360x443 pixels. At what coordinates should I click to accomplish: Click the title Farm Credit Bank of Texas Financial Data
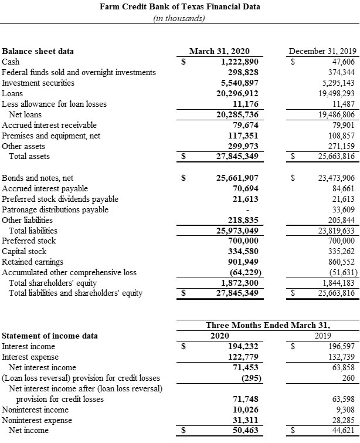click(x=180, y=7)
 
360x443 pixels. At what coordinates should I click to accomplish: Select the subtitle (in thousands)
click(x=180, y=18)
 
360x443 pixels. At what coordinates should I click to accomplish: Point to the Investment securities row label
click(x=39, y=83)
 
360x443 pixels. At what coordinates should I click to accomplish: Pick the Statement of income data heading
click(x=50, y=336)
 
